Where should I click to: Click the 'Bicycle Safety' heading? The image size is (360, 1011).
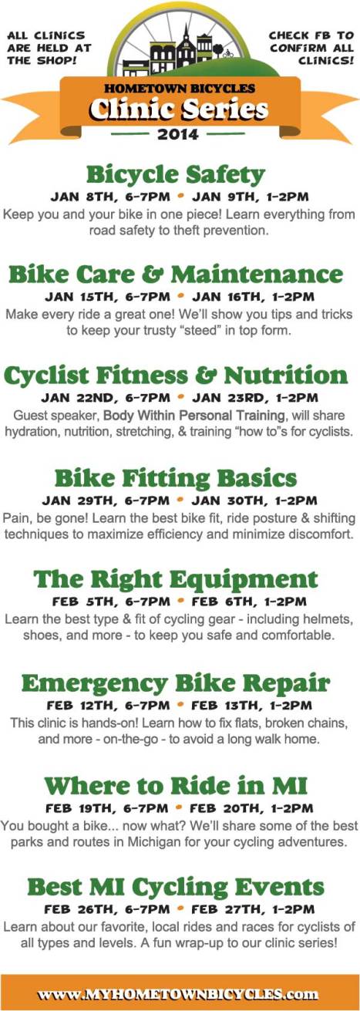pyautogui.click(x=175, y=174)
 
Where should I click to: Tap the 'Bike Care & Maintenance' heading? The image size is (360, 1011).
pyautogui.click(x=175, y=274)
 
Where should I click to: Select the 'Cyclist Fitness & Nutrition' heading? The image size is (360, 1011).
pyautogui.click(x=175, y=376)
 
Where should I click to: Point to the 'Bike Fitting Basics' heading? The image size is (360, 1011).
pyautogui.click(x=175, y=477)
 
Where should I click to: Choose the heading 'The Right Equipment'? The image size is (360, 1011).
pyautogui.click(x=175, y=578)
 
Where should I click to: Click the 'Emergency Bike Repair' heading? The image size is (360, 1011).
pyautogui.click(x=175, y=682)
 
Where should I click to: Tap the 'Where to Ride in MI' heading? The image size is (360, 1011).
pyautogui.click(x=175, y=785)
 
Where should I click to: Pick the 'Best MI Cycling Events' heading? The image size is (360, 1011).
pyautogui.click(x=175, y=886)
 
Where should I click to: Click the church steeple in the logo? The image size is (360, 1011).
pyautogui.click(x=187, y=32)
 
